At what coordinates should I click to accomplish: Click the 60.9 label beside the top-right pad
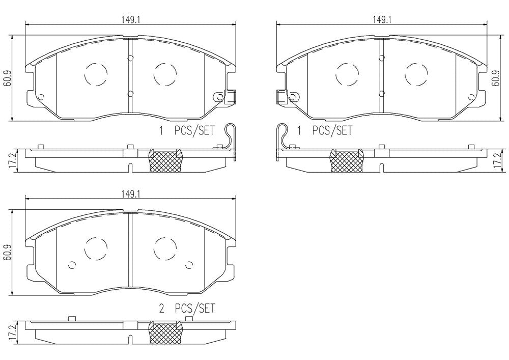pos(495,78)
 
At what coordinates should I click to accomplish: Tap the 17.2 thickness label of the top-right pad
pos(495,161)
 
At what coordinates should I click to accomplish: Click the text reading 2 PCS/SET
pos(187,308)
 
